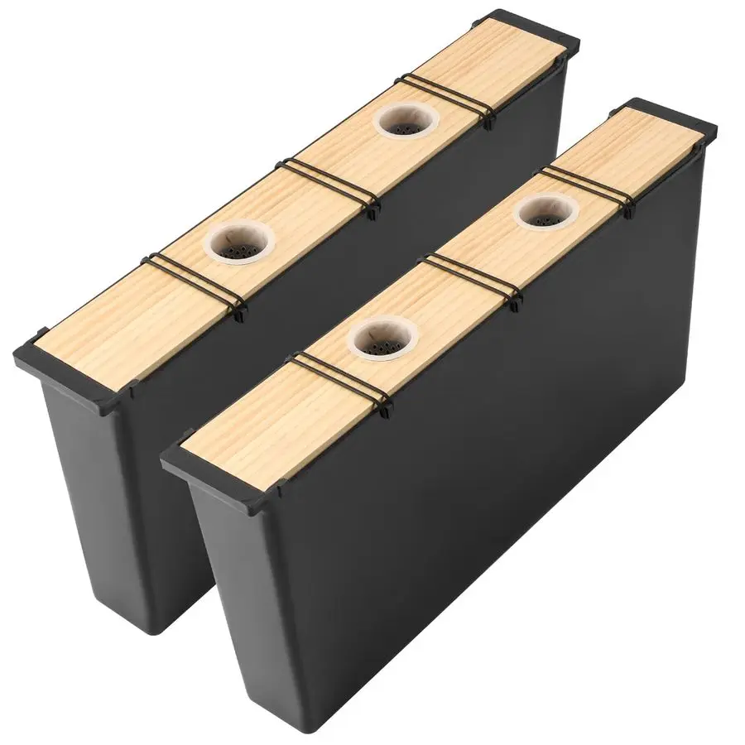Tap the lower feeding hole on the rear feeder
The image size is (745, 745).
pos(241,243)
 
